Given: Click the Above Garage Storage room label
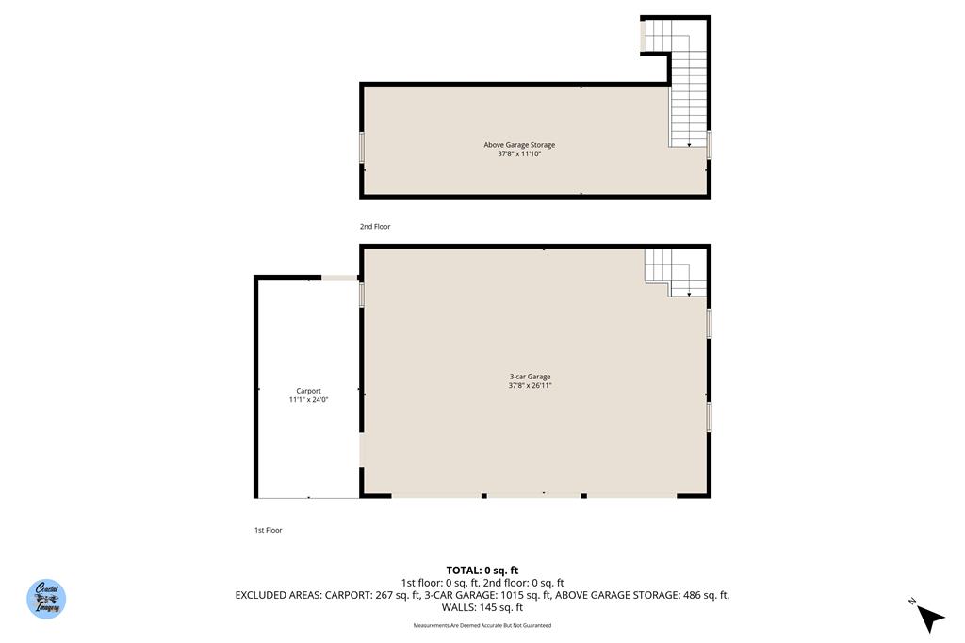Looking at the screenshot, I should (x=519, y=145).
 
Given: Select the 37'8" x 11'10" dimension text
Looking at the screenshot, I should (x=519, y=153).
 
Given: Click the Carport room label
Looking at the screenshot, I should (x=308, y=391).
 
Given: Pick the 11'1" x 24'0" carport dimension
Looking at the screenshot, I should (x=308, y=399).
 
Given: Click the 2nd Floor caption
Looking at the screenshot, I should (x=374, y=227).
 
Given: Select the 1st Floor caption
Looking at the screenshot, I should (x=268, y=531).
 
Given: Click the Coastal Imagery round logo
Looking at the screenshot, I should (x=46, y=599).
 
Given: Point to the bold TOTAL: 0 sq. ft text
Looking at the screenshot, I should (x=482, y=570).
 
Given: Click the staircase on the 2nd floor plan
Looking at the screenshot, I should (x=688, y=99).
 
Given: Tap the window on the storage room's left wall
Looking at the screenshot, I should (x=361, y=148).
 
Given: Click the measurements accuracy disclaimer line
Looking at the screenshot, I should (x=482, y=625).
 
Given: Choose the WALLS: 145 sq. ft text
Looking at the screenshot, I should (x=482, y=607).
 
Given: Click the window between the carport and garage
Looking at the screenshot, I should (x=361, y=295).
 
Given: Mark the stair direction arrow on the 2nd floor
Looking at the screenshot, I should (x=689, y=145).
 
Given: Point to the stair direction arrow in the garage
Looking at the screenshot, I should (x=689, y=295).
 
